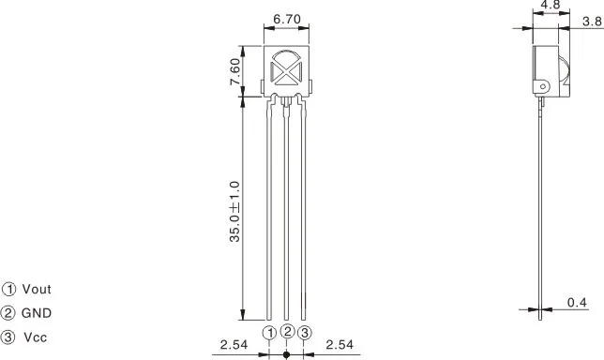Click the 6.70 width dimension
(x=287, y=19)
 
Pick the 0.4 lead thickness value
(x=578, y=302)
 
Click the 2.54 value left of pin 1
(x=234, y=345)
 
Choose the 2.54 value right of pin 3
(x=340, y=345)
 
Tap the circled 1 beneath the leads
(x=269, y=333)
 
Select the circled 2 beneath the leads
(x=287, y=331)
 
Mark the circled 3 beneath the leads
(x=305, y=333)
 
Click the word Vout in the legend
(x=37, y=290)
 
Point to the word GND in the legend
(x=37, y=313)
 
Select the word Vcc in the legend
(x=36, y=337)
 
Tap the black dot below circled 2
(x=287, y=354)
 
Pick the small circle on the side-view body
(x=542, y=86)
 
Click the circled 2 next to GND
(x=8, y=313)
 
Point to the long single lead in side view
(x=543, y=206)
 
